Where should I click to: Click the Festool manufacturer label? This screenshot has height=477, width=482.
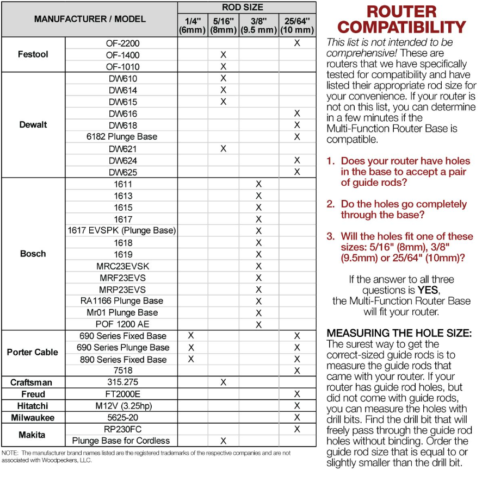point(33,54)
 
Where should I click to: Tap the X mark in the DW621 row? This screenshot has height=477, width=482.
point(223,149)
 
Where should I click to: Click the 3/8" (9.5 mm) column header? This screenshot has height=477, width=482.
point(258,26)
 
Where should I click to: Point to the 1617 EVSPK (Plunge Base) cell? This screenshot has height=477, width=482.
point(122,230)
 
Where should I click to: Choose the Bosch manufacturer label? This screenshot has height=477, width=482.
point(33,254)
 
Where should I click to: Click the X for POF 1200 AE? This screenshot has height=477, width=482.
point(259,324)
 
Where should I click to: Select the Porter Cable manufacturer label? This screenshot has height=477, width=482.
point(33,352)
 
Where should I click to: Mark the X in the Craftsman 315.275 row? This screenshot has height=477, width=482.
point(223,382)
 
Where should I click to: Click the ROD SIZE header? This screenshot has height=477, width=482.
point(242,8)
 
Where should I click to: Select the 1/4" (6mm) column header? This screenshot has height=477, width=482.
point(192,26)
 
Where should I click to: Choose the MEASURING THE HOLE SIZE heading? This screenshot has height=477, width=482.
point(399,332)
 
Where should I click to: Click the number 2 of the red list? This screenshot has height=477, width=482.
point(331,204)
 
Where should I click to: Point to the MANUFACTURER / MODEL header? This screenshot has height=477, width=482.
point(90,19)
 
